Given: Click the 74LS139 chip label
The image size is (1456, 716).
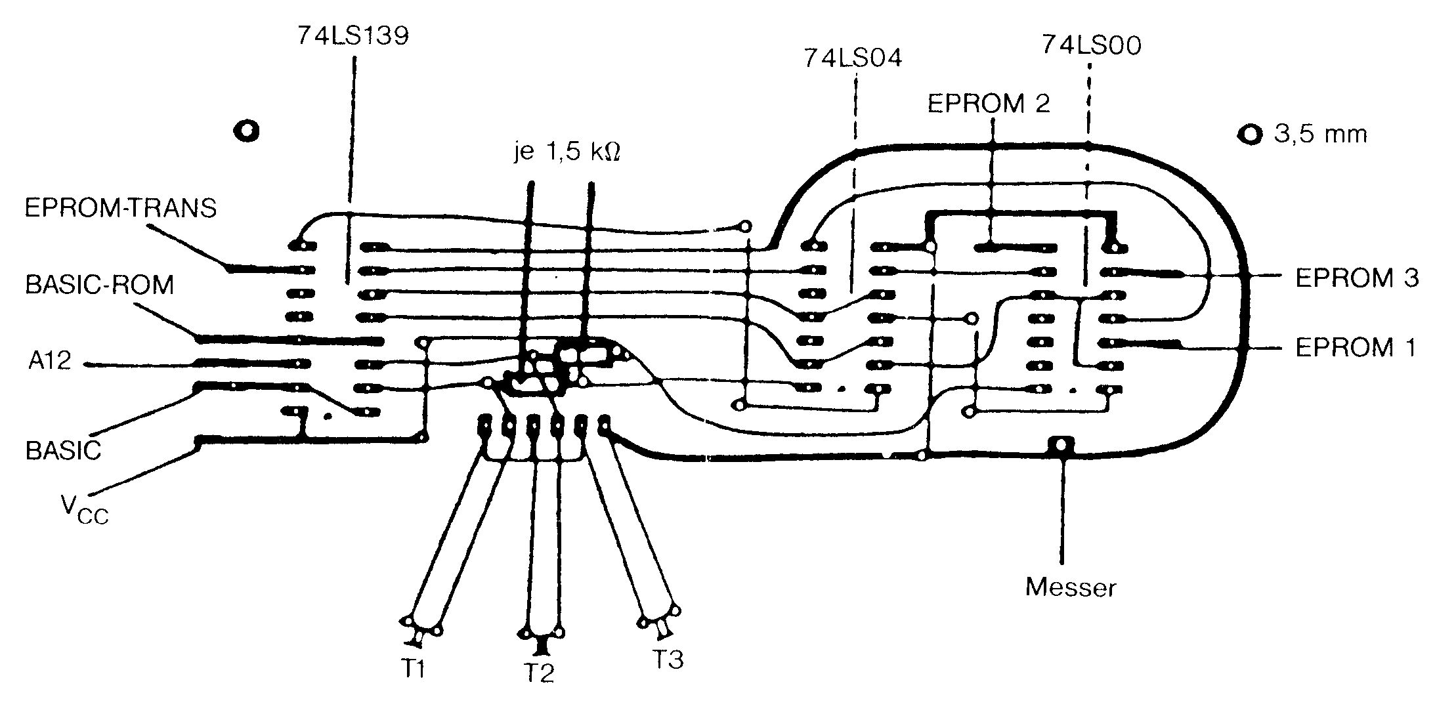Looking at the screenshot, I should point(353,36).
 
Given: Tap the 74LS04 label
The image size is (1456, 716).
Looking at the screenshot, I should point(853,59).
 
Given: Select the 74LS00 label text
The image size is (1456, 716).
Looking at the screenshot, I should point(1091,45).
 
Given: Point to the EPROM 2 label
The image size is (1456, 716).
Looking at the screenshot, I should point(988,104).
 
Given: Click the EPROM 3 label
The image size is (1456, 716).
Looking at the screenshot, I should point(1356,278).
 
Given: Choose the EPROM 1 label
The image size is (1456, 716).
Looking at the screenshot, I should point(1355,348).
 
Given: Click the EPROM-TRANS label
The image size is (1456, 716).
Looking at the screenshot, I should point(120,208).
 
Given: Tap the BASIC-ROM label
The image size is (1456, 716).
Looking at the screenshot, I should point(100,285).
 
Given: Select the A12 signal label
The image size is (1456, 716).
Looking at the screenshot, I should point(49,360).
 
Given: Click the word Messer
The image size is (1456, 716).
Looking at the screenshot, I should point(1070,587).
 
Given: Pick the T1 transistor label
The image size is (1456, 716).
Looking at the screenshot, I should point(413,669).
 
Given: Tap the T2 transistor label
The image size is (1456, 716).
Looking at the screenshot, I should point(538,673).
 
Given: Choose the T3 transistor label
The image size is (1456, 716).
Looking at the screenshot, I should point(667,659).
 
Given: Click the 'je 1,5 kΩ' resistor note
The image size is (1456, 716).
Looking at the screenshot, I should point(566,153).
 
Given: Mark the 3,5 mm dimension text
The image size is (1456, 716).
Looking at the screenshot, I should point(1320,135).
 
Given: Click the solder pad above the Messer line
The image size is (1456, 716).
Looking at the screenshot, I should point(1060,444).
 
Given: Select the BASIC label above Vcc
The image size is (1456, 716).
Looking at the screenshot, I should point(63,451).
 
